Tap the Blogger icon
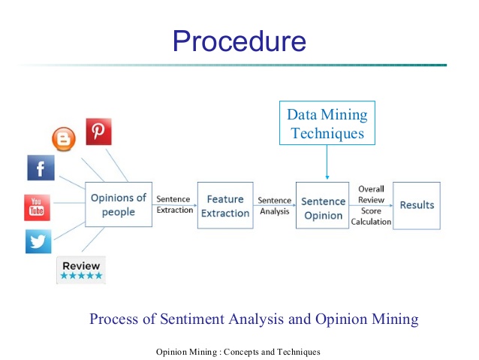coord(64,138)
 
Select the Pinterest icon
coord(98,132)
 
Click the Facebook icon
coord(41,167)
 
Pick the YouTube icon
coord(37,207)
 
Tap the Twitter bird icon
coord(38,242)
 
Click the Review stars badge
coord(81,270)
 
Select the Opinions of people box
coord(118,204)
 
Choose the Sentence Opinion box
coord(323,208)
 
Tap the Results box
coord(417,204)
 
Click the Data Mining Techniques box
coord(327,124)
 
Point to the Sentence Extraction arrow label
coord(174,204)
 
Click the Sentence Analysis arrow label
coord(275,206)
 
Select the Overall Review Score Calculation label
coord(371,205)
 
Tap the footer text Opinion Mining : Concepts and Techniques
coord(238,352)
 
